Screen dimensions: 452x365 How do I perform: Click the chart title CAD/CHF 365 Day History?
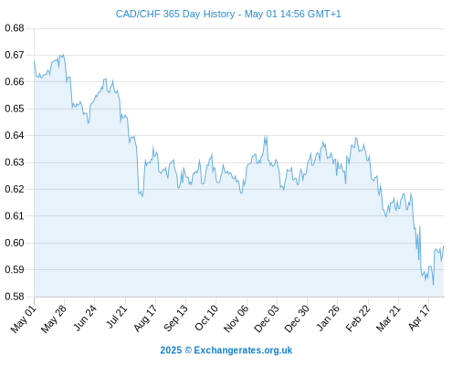tap(175, 14)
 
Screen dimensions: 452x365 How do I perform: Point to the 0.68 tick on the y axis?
tap(15, 28)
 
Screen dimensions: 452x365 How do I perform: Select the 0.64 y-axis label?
tap(15, 135)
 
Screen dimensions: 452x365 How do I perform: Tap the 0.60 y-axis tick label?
tap(15, 243)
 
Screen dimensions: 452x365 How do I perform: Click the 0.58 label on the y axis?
tap(15, 297)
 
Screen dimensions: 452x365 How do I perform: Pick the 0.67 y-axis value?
tap(15, 55)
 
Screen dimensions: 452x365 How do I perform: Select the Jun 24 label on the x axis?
tap(85, 318)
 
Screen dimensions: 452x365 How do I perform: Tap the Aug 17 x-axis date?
tap(146, 318)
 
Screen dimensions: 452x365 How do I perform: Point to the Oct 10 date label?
tap(206, 318)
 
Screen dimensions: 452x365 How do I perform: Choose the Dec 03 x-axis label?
tap(267, 318)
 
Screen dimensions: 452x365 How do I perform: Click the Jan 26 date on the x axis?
tap(328, 318)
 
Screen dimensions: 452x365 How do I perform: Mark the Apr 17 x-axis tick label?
tap(419, 318)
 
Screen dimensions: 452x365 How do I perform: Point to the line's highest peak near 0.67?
tap(63, 55)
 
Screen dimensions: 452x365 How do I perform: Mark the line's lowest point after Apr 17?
tap(433, 285)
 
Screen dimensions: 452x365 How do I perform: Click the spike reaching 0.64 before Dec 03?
tap(266, 136)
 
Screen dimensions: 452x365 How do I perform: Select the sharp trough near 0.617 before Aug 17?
tap(142, 196)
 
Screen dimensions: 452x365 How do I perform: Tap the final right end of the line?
tap(444, 245)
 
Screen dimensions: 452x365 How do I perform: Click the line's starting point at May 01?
tap(34, 61)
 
